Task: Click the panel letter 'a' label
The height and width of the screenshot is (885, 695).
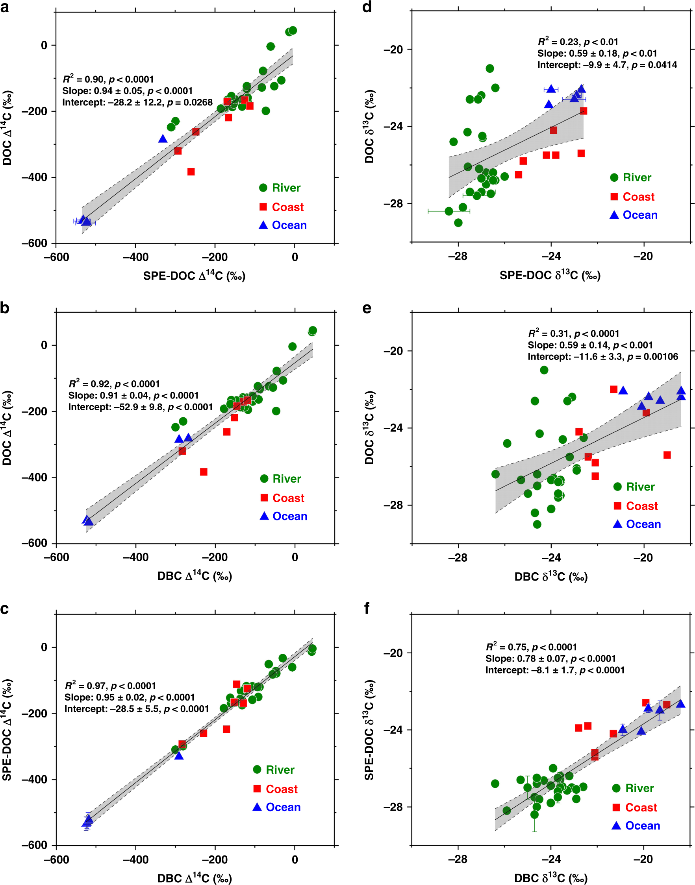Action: tap(4, 8)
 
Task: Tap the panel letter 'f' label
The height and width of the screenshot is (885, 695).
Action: tap(367, 608)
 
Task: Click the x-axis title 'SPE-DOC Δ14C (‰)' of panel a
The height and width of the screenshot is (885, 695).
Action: tap(194, 276)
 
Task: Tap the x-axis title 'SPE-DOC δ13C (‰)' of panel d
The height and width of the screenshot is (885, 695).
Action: tap(550, 275)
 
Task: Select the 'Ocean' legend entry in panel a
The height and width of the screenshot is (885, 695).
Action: tap(282, 225)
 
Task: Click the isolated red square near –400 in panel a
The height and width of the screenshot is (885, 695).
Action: tap(191, 171)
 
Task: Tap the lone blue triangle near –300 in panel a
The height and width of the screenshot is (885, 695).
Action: tap(163, 139)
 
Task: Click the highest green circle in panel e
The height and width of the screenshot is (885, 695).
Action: tap(544, 370)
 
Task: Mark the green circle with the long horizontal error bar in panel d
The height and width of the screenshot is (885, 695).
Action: tap(449, 211)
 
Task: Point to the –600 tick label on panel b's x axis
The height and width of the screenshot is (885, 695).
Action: tap(56, 557)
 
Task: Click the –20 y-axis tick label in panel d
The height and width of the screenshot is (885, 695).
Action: tap(393, 50)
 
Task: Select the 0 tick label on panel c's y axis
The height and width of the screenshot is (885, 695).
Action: tap(44, 647)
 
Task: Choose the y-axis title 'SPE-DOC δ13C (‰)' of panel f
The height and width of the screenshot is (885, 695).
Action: tap(369, 730)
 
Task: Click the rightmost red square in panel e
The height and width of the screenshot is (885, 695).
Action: tap(667, 455)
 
